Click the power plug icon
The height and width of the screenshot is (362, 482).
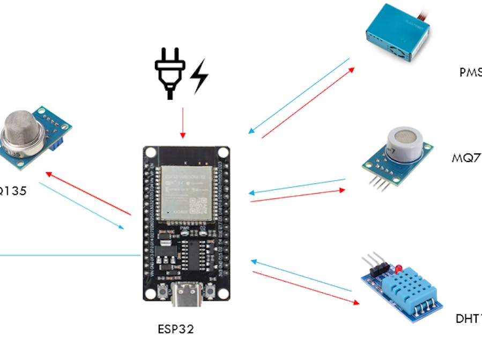click(170, 72)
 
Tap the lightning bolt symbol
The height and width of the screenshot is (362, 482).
click(199, 76)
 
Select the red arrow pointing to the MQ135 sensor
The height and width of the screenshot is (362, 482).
click(88, 193)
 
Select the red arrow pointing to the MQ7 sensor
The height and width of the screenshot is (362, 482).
click(298, 195)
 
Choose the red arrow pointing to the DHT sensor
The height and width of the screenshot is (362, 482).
click(306, 287)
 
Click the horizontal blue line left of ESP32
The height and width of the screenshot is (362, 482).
click(70, 255)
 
